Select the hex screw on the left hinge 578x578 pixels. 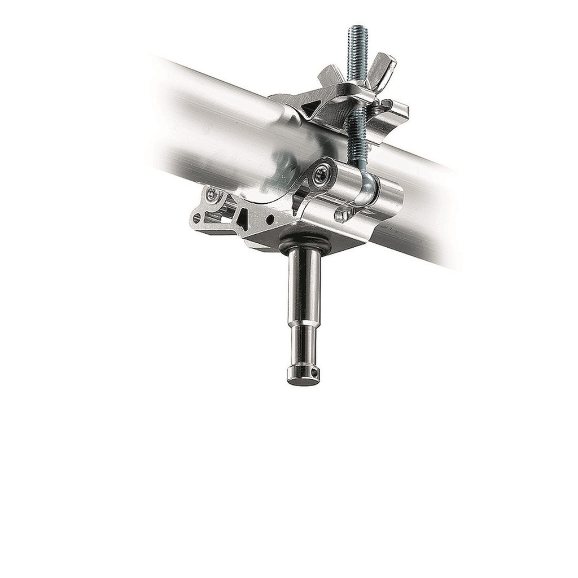pos(213,195)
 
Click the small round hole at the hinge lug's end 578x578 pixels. pos(197,216)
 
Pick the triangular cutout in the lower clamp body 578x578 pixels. pos(244,217)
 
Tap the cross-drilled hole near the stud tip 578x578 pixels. pos(315,371)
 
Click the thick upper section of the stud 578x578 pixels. pos(303,288)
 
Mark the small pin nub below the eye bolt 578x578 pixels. pos(340,216)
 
